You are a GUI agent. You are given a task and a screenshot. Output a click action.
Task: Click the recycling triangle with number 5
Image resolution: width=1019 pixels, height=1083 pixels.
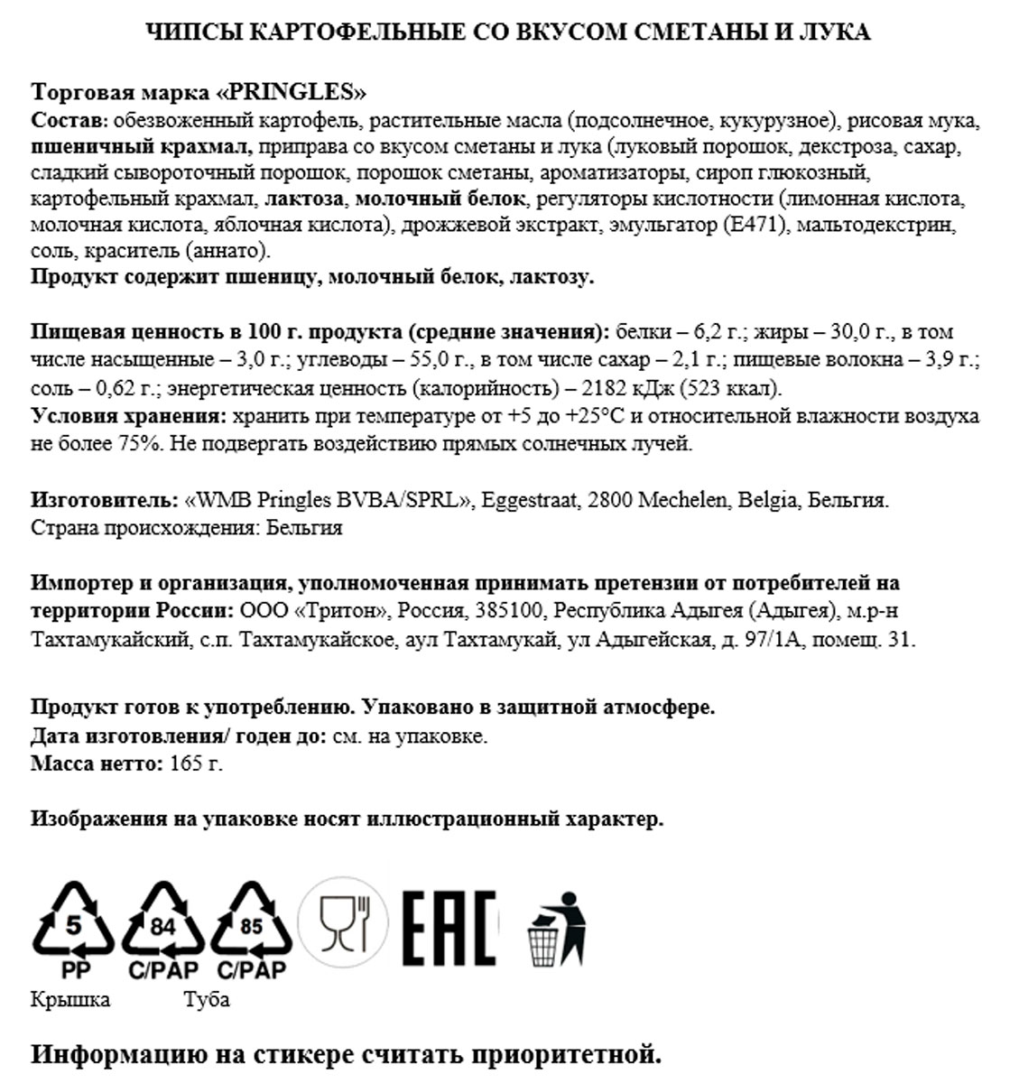(x=73, y=922)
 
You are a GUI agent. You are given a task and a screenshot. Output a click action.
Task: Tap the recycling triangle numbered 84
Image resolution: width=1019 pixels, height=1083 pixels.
(x=162, y=922)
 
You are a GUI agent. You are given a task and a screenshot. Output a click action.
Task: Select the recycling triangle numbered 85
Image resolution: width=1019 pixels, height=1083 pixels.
(x=251, y=922)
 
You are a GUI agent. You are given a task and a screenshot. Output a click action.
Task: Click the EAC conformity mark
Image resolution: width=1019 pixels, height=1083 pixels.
(x=449, y=927)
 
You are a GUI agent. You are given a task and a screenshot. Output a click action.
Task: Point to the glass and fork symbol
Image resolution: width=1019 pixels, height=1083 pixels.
(x=344, y=922)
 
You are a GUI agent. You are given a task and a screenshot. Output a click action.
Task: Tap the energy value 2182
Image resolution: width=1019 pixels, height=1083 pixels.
(x=608, y=389)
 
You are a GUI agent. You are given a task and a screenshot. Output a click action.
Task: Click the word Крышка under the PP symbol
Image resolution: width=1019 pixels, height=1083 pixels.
(x=70, y=999)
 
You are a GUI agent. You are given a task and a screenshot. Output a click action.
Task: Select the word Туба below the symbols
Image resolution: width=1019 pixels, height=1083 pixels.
(x=207, y=999)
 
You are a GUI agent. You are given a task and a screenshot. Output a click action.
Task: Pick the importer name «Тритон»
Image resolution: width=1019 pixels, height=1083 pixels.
(x=341, y=611)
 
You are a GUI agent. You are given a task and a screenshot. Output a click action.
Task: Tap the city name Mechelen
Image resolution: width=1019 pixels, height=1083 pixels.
(x=682, y=500)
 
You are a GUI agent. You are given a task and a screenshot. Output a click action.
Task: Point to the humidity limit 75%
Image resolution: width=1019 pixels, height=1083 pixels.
(x=137, y=444)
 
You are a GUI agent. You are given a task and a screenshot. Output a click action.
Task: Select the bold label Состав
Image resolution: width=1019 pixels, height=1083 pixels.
(x=69, y=121)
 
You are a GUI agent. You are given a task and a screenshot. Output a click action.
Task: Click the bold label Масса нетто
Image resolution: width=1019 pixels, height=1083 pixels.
(x=97, y=764)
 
